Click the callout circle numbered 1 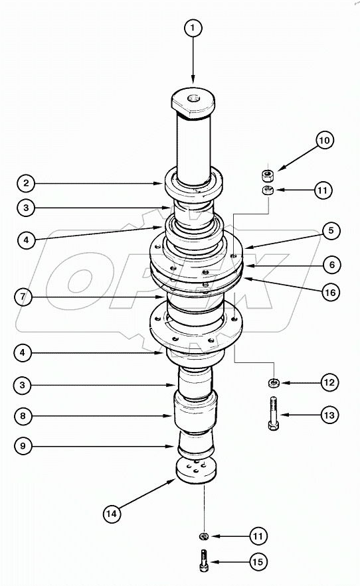click(193, 29)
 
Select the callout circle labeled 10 click(325, 141)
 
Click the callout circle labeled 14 click(113, 512)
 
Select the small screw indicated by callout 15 click(204, 559)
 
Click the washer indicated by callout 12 click(274, 383)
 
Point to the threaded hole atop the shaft click(194, 98)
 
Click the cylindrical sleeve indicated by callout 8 click(195, 413)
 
